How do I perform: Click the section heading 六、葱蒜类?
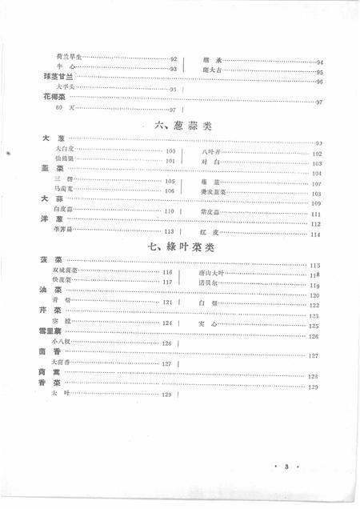(x=182, y=126)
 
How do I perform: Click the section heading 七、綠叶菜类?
(x=182, y=247)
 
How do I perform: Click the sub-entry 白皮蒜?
(x=65, y=210)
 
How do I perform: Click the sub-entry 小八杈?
(x=62, y=343)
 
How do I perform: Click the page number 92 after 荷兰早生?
(x=174, y=58)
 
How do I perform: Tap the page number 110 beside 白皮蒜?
(x=169, y=210)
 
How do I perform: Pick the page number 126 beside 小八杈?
(x=166, y=343)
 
